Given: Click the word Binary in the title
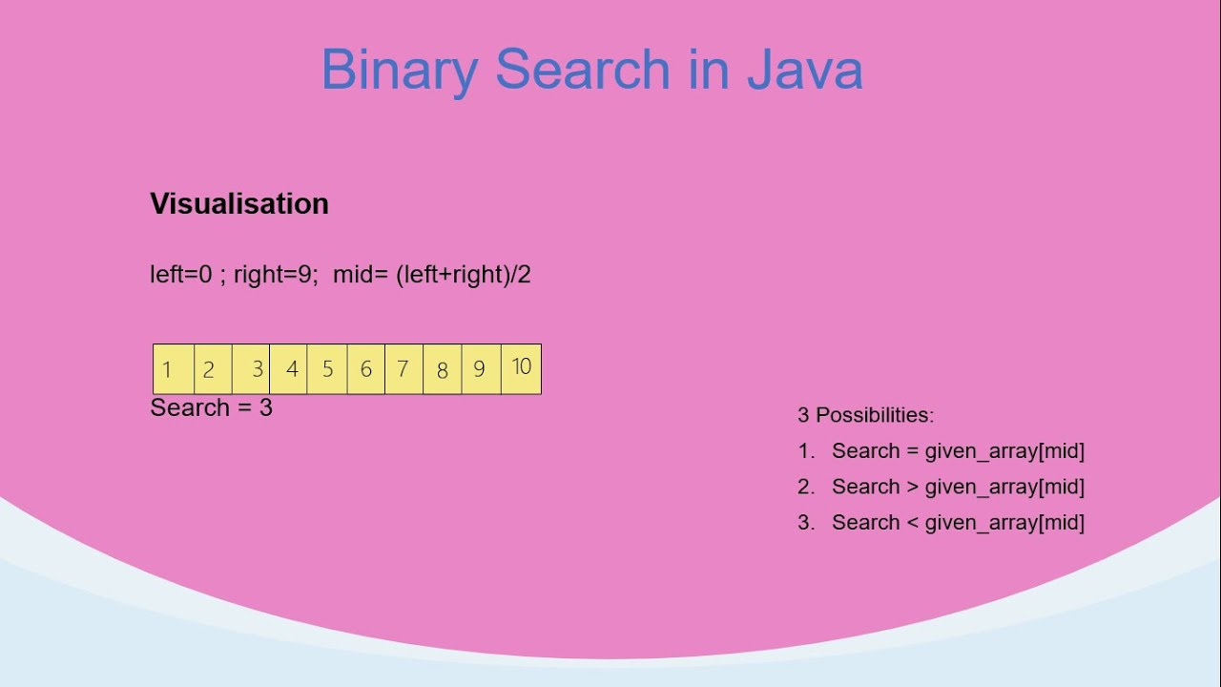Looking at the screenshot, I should pyautogui.click(x=400, y=71).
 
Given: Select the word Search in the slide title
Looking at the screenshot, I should pyautogui.click(x=583, y=71).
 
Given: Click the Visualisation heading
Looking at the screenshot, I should pyautogui.click(x=239, y=203).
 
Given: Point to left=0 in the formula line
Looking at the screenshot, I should pyautogui.click(x=180, y=275).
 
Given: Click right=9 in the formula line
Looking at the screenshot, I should pyautogui.click(x=275, y=275).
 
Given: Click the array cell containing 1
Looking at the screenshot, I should pyautogui.click(x=174, y=369).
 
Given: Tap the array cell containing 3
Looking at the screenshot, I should pyautogui.click(x=252, y=369).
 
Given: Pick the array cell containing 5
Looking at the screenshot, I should pyautogui.click(x=327, y=369).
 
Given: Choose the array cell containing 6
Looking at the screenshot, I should pyautogui.click(x=365, y=369).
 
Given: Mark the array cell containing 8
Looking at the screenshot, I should pyautogui.click(x=442, y=369).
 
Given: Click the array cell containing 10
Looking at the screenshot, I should pyautogui.click(x=521, y=368).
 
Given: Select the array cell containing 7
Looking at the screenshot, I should pyautogui.click(x=404, y=369).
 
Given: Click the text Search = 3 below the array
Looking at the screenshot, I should pyautogui.click(x=212, y=407).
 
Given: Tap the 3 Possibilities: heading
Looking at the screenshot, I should pyautogui.click(x=865, y=415).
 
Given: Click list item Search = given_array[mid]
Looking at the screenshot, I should pyautogui.click(x=958, y=451).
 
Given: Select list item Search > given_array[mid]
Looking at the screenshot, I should pyautogui.click(x=958, y=487).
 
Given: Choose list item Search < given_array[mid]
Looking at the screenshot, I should pyautogui.click(x=958, y=523).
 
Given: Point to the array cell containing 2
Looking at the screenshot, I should pyautogui.click(x=213, y=369).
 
